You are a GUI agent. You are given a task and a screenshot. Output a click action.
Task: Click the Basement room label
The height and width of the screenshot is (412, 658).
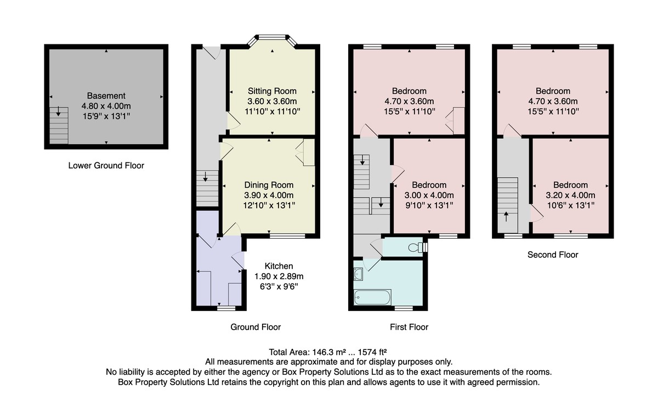pos(106,96)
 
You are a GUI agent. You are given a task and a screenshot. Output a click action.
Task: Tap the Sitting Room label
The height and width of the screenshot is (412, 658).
pos(272,91)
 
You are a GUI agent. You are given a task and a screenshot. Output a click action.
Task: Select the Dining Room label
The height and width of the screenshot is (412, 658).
pos(269,185)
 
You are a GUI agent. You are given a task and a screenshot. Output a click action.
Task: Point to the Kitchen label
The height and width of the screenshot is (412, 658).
pos(279,266)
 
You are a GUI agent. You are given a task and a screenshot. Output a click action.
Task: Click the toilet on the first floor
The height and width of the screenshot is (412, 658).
pos(417,247)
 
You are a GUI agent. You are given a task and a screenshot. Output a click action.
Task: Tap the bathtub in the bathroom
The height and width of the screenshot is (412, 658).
pos(372,297)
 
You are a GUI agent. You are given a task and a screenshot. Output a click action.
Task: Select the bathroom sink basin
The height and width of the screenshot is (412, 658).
pos(359,274)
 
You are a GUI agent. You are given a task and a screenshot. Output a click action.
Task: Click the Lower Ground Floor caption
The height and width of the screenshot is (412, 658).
pos(106,166)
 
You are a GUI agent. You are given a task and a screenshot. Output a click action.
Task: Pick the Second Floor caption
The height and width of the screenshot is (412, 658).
pos(553,255)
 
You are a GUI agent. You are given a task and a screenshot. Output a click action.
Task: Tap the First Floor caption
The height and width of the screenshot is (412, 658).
pos(409,327)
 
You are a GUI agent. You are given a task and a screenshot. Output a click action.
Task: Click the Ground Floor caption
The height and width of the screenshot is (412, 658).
pos(256,327)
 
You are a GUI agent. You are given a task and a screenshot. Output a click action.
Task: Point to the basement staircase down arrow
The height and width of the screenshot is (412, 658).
pos(59,111)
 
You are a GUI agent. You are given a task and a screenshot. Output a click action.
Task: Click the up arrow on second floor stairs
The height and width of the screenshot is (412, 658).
pos(506,217)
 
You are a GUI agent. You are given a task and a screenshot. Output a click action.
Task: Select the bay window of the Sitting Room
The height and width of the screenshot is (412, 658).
pos(272,37)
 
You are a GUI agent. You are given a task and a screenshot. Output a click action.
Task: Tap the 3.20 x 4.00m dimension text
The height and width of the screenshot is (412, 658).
pos(570,195)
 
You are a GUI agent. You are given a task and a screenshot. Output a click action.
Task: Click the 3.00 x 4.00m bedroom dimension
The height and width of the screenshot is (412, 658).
pos(429,195)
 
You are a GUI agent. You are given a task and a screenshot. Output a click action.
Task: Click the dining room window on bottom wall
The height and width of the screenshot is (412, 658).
pos(287,236)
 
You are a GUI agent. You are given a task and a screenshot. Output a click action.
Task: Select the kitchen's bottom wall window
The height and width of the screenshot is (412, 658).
pos(226,308)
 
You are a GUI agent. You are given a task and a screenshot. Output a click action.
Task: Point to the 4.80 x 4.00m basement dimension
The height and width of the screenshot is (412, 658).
pos(106,106)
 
